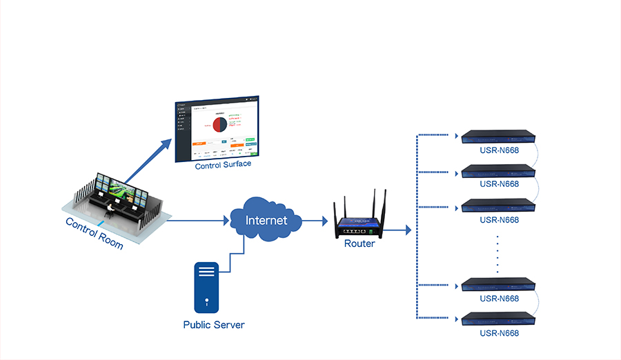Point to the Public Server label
click(x=213, y=324)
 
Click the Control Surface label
click(x=223, y=166)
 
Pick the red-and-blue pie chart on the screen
click(x=220, y=125)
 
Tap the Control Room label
click(x=94, y=233)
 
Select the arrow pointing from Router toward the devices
click(x=399, y=230)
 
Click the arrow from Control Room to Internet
click(x=197, y=221)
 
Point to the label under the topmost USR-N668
click(x=499, y=150)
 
